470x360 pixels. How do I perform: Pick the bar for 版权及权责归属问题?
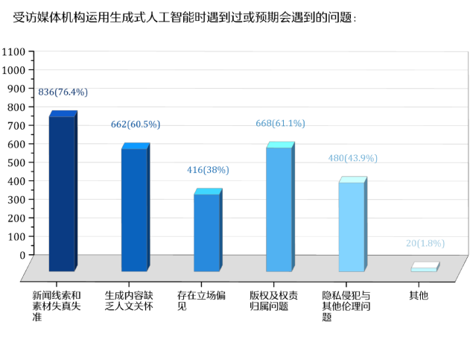(x=279, y=208)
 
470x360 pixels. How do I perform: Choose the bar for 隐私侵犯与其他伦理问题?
(x=352, y=225)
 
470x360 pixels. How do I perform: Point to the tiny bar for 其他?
(x=424, y=268)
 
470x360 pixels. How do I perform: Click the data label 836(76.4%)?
(x=63, y=92)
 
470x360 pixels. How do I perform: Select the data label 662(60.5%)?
(x=135, y=124)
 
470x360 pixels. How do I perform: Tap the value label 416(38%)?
(x=207, y=170)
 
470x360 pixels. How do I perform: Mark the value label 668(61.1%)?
(x=280, y=124)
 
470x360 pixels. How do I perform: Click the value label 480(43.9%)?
(x=352, y=158)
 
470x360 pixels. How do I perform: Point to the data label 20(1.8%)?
(x=425, y=244)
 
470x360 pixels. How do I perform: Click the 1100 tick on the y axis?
(x=13, y=51)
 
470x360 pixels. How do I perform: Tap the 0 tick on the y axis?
(x=22, y=255)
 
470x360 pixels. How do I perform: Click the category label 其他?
(x=419, y=296)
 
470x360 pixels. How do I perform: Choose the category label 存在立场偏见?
(x=195, y=300)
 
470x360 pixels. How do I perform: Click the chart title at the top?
(x=185, y=17)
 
